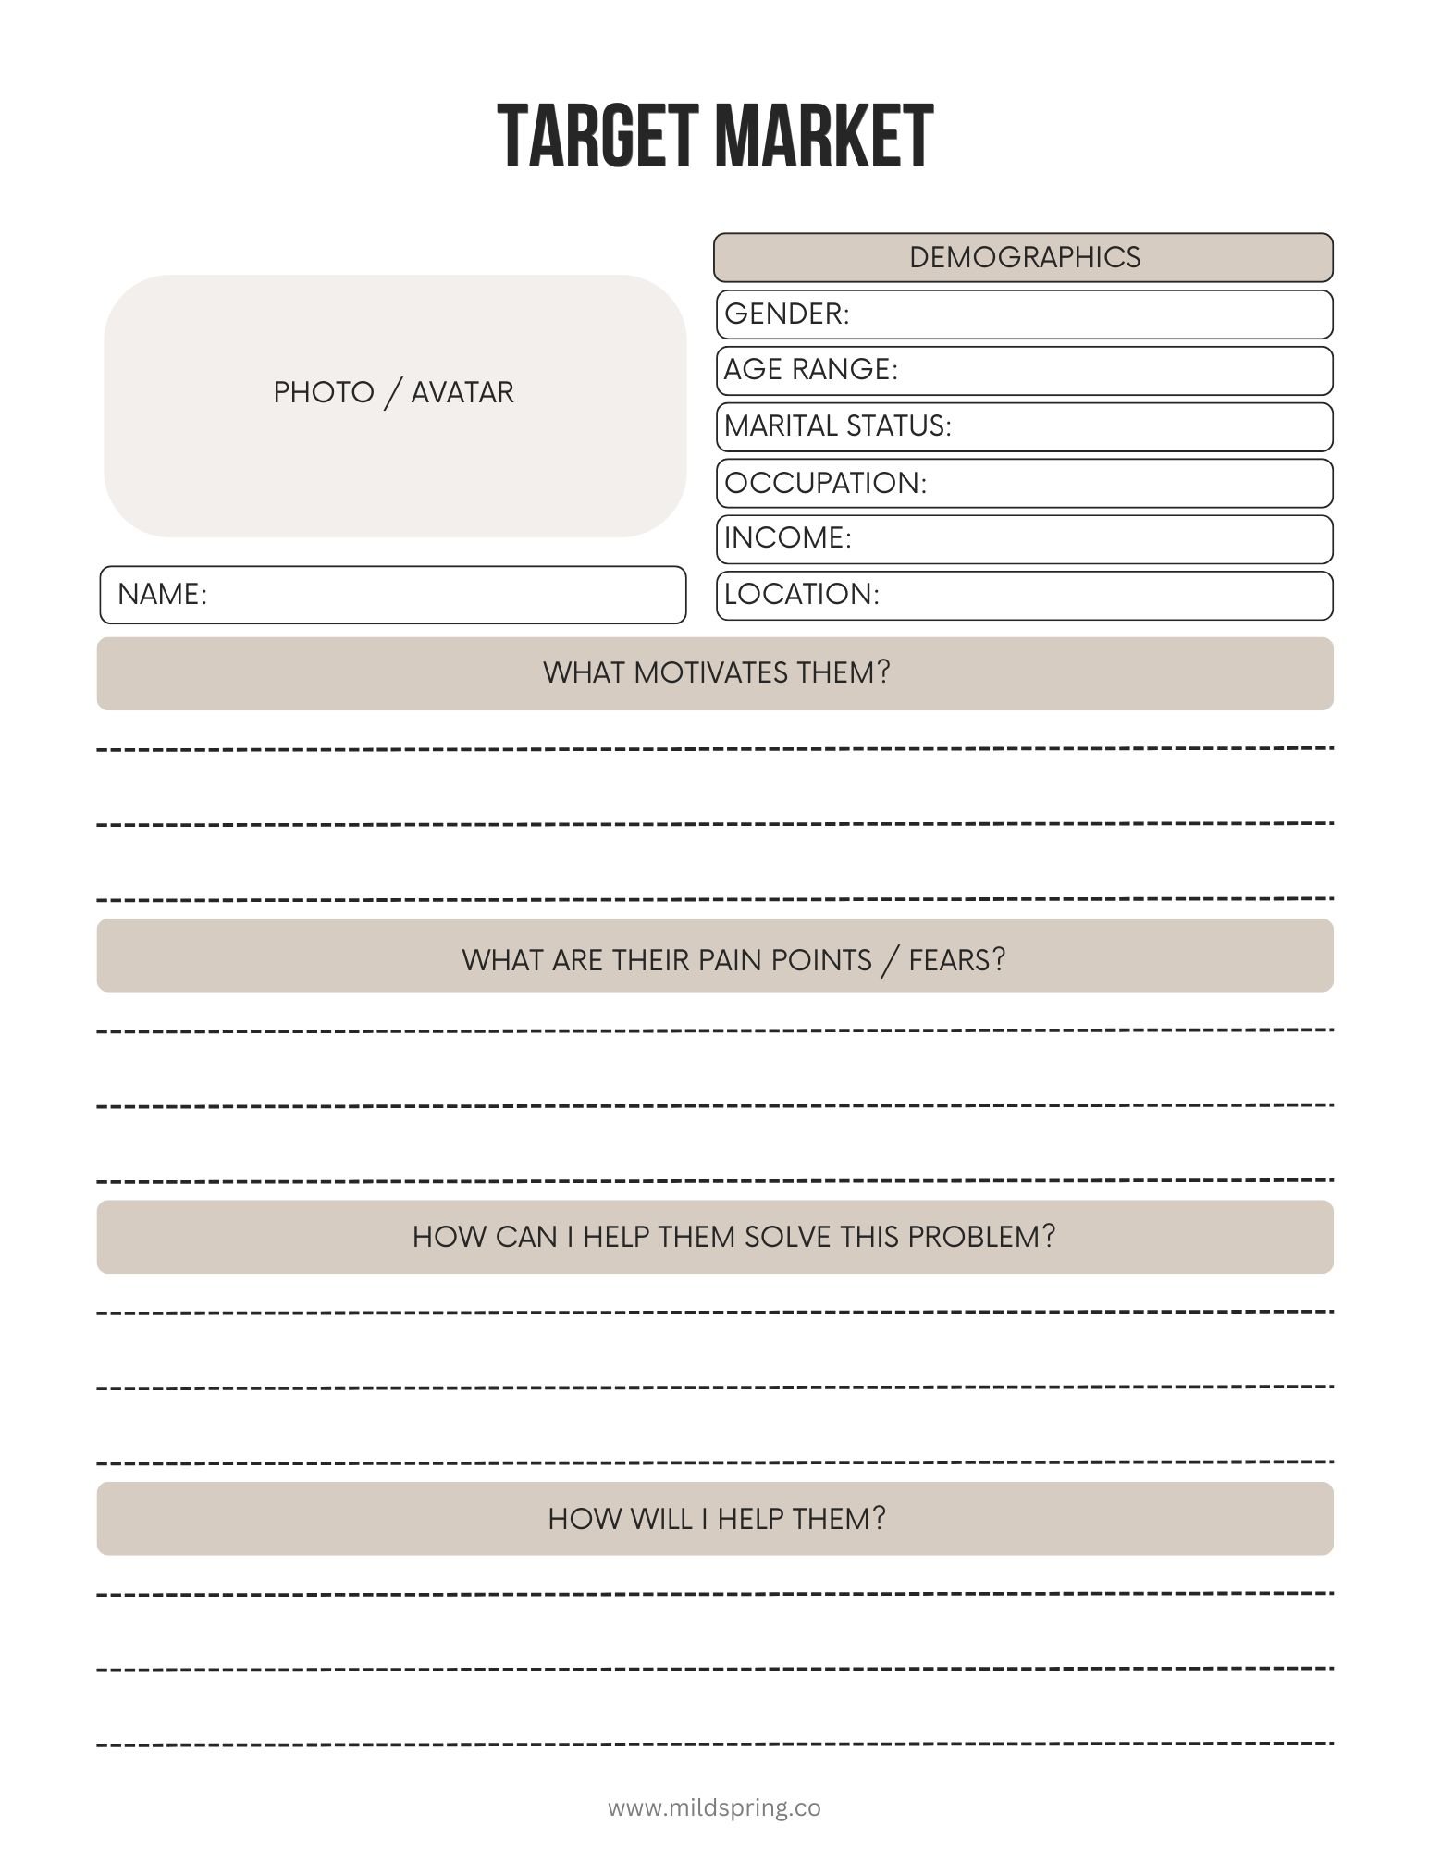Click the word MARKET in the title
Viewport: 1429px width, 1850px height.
823,136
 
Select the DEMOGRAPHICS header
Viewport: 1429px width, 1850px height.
1024,257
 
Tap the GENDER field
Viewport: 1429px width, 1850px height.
1024,314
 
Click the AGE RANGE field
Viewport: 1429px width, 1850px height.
1024,370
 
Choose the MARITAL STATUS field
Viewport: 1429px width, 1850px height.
1024,426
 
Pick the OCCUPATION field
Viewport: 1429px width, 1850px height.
1024,483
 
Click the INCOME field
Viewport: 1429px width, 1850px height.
1024,538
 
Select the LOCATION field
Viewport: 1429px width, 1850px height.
1024,595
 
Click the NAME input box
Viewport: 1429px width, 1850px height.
393,595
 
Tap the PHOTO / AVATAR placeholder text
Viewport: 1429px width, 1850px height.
393,392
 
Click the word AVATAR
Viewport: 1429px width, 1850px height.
462,392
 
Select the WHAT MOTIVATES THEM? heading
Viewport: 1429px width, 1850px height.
715,672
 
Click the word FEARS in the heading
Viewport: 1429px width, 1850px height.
955,959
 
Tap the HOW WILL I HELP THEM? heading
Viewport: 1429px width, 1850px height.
715,1518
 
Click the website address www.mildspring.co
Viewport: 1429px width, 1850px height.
714,1807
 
